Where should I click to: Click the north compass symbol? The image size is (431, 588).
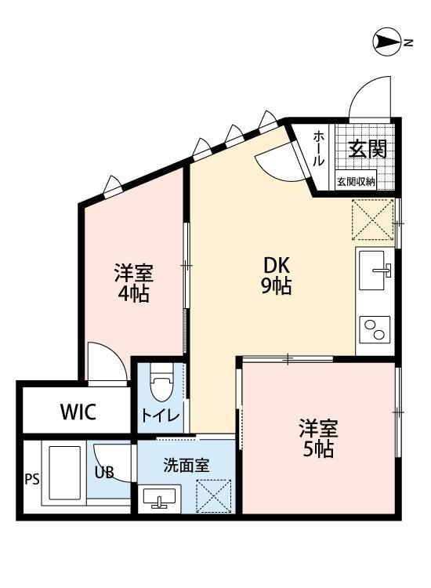click(x=388, y=42)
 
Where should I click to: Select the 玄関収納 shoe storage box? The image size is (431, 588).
click(x=356, y=182)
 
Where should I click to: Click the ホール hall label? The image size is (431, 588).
click(x=319, y=148)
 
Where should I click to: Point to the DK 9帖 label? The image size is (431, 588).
click(x=277, y=276)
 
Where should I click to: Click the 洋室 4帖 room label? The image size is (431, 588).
click(x=134, y=283)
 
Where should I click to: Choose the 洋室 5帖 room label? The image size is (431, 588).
click(x=318, y=438)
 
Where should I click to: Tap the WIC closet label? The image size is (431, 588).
click(x=78, y=412)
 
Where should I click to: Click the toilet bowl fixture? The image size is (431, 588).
click(x=161, y=387)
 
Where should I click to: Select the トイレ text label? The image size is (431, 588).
click(x=161, y=416)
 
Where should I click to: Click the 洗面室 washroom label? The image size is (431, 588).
click(x=187, y=466)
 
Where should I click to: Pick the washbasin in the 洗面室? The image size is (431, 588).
click(x=160, y=498)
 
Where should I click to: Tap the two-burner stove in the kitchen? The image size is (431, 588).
click(x=375, y=329)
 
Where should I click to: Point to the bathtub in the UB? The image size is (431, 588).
click(x=64, y=473)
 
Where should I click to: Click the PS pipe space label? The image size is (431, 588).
click(x=32, y=479)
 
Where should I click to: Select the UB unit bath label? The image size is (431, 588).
click(x=103, y=473)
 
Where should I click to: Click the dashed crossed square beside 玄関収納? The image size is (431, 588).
click(x=373, y=220)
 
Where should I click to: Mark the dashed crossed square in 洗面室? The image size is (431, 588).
click(x=214, y=495)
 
